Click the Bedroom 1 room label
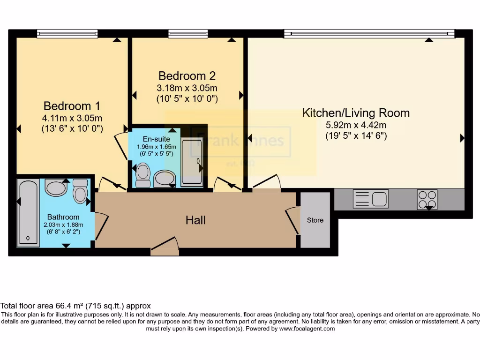point(72,106)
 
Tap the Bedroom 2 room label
point(187,76)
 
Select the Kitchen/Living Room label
point(356,113)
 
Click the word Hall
point(195,220)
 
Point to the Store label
point(315,220)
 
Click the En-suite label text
point(153,139)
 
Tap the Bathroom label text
point(63,217)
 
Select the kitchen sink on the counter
point(370,199)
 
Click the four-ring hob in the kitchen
point(427,199)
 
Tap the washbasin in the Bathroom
point(56,187)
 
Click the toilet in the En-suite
point(142,175)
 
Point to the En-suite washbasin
point(165,179)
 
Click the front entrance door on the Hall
point(165,247)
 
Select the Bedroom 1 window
point(67,33)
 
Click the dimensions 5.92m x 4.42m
point(356,125)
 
